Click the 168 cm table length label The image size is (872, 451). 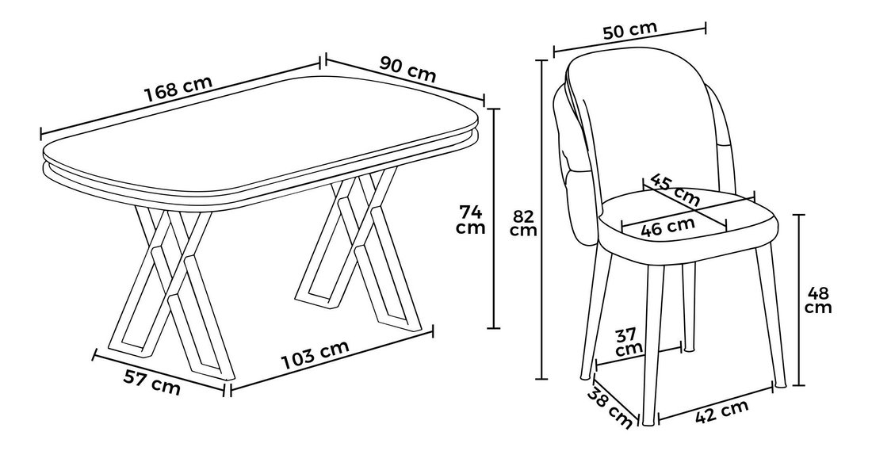tap(178, 89)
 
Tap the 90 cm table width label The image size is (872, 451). tap(407, 68)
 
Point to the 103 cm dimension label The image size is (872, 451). tap(315, 354)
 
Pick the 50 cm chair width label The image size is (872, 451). tap(630, 30)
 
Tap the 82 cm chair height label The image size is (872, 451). tap(524, 223)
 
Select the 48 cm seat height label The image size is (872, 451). tap(818, 299)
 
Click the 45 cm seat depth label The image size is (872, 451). tap(675, 189)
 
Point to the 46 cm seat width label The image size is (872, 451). tap(668, 226)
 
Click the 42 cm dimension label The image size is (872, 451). tap(722, 412)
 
